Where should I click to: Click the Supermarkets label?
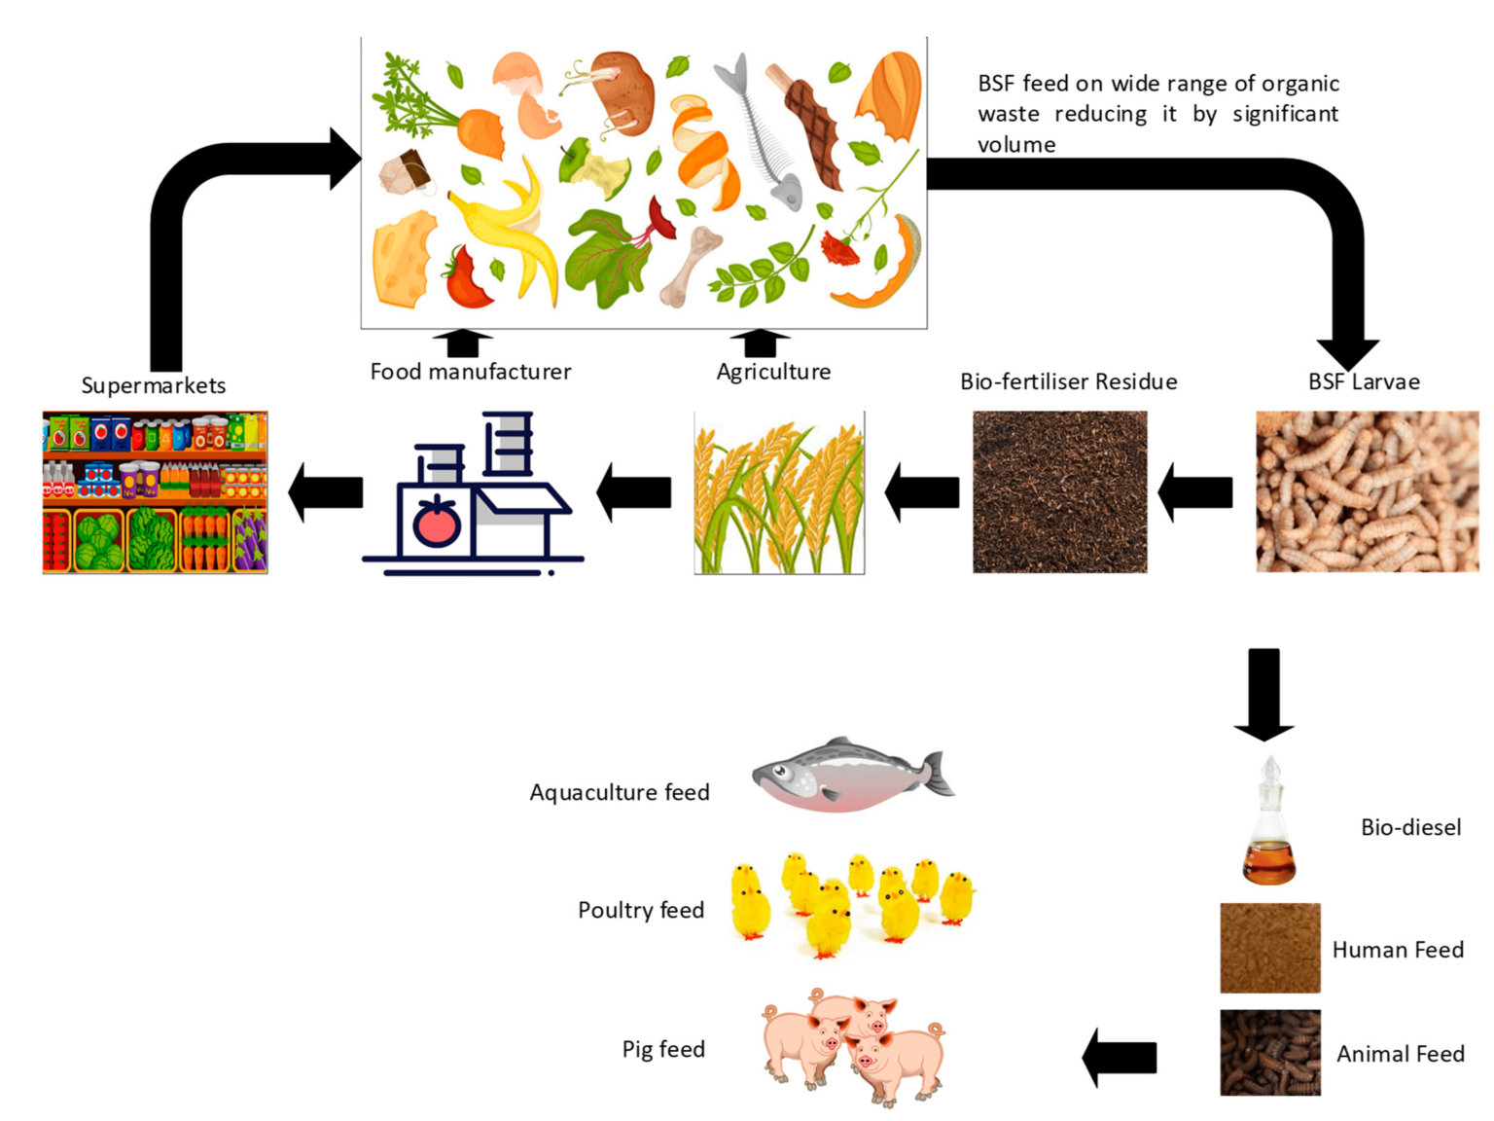point(153,385)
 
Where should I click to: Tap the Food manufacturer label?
point(470,372)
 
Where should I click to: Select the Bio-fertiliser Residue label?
point(1068,381)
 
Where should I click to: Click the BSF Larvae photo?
point(1367,491)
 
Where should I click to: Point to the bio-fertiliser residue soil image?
point(1059,491)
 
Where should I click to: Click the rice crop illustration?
point(778,492)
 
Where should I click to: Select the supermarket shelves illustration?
point(155,491)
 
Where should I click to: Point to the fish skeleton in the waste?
point(761,131)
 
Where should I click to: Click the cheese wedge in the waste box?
point(404,259)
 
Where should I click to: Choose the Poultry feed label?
point(640,910)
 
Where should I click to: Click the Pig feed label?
point(663,1049)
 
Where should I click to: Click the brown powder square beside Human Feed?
point(1269,948)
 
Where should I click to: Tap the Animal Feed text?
point(1400,1054)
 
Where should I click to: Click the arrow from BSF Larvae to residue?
point(1195,492)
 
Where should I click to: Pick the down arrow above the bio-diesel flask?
point(1263,693)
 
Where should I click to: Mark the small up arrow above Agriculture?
point(760,343)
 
